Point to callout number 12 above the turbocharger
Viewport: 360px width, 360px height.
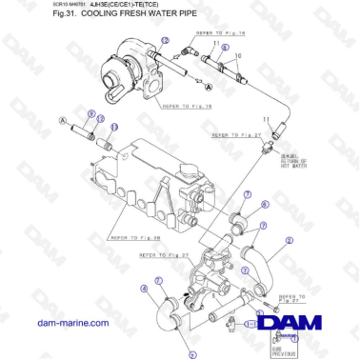coord(164,40)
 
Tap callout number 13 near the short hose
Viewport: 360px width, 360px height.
coord(114,126)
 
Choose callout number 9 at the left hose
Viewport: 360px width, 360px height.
coord(91,114)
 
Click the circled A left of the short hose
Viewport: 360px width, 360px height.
coord(63,121)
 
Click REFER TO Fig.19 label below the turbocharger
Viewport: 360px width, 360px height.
coord(188,107)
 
